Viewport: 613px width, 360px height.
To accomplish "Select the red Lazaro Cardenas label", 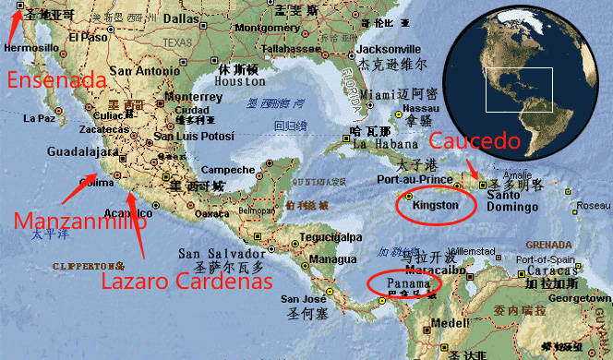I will coord(186,281).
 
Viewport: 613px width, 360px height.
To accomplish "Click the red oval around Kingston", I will coord(435,205).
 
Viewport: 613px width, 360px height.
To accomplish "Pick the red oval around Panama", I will coord(403,283).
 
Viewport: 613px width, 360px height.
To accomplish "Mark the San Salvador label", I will coord(214,253).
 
